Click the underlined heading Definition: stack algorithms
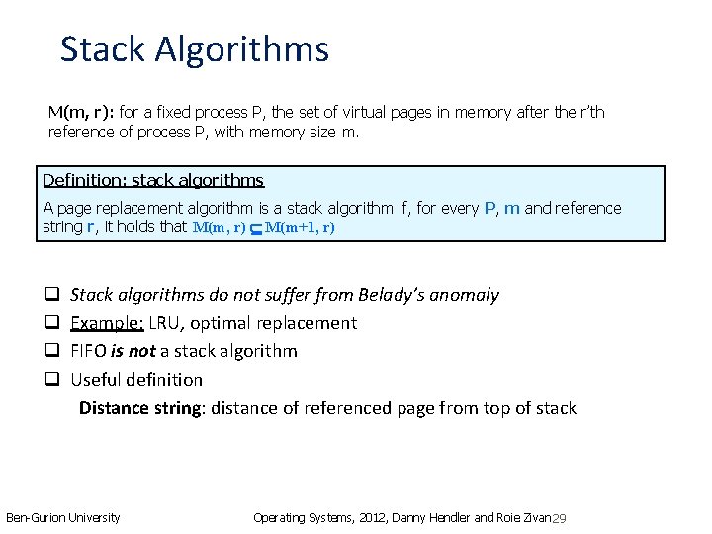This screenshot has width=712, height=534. tap(153, 180)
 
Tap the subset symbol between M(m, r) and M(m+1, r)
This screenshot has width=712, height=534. tap(256, 229)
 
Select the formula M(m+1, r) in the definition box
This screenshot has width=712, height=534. tap(301, 228)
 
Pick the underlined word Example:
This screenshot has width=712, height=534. tap(103, 323)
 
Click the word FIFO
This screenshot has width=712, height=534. tap(89, 351)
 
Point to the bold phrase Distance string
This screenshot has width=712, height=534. tap(139, 408)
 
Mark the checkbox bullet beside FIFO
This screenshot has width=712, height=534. tap(52, 351)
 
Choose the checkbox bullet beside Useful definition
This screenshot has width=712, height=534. tap(52, 380)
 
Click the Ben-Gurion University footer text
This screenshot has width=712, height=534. tap(62, 517)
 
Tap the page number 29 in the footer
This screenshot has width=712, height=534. tap(559, 519)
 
